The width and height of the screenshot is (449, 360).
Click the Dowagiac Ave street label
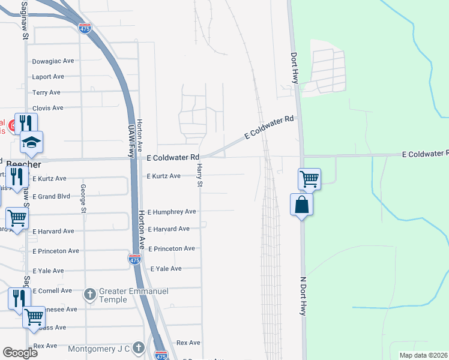tap(52, 61)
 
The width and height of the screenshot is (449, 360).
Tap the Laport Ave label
tap(48, 77)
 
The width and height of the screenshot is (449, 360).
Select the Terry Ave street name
tap(47, 92)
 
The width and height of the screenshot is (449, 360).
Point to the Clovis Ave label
tap(48, 108)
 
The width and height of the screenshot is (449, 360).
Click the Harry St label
tap(199, 175)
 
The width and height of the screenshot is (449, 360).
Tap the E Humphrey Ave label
tap(172, 212)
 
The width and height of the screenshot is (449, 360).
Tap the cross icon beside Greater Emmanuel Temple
tap(90, 294)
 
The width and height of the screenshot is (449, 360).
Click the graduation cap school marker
tap(32, 142)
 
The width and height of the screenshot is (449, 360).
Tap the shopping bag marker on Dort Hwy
tap(301, 205)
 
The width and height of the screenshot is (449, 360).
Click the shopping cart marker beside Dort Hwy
tap(309, 178)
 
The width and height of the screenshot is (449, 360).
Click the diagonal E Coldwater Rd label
tap(270, 128)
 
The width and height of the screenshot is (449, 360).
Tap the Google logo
tap(20, 353)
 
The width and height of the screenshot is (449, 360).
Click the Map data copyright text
tap(423, 355)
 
